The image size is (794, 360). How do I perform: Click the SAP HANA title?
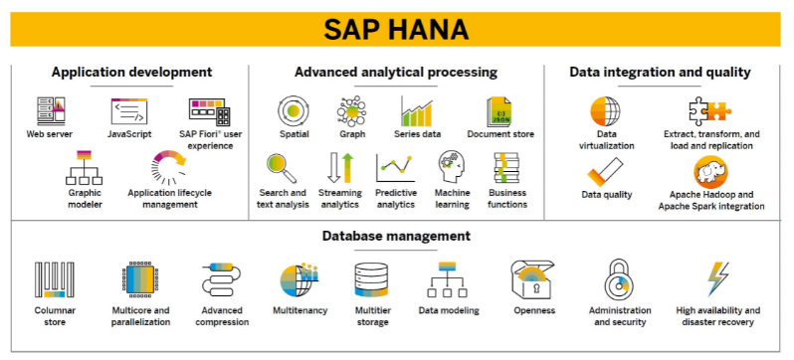[396, 28]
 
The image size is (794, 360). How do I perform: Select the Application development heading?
[131, 72]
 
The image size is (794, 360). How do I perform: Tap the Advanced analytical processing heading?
[396, 72]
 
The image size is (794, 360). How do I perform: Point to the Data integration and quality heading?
[660, 72]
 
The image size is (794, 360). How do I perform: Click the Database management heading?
[396, 236]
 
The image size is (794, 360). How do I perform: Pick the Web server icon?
[50, 109]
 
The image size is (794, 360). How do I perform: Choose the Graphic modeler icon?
[84, 168]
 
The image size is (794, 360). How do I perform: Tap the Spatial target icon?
[295, 109]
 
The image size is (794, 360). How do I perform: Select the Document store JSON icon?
[500, 109]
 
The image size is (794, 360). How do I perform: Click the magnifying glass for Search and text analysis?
[282, 166]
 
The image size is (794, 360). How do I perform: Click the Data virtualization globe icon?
[606, 110]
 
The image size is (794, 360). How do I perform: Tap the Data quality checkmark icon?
[606, 170]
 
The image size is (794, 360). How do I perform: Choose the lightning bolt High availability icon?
[716, 280]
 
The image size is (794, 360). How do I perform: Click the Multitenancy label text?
[300, 310]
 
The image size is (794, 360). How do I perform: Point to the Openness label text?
[534, 310]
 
